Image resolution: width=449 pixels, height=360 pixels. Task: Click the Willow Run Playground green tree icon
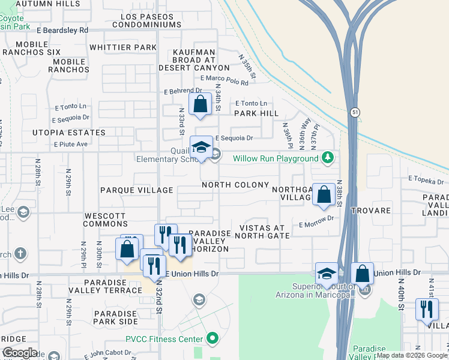[x=327, y=158]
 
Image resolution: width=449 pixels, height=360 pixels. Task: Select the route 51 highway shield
[x=355, y=112]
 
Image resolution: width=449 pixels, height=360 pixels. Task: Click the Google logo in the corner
[x=20, y=352]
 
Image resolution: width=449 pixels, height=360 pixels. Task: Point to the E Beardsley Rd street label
[x=62, y=30]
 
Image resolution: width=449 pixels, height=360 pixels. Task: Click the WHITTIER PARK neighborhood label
[x=122, y=47]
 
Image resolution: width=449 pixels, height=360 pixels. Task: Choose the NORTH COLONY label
[x=235, y=185]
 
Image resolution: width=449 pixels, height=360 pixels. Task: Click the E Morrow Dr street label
[x=316, y=223]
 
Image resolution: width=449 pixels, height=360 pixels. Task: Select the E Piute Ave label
[x=71, y=144]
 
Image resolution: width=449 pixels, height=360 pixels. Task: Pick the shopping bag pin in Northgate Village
[x=324, y=194]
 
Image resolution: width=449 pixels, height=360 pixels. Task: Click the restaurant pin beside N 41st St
[x=426, y=310]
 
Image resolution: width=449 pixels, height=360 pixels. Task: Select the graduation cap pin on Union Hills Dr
[x=326, y=274]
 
